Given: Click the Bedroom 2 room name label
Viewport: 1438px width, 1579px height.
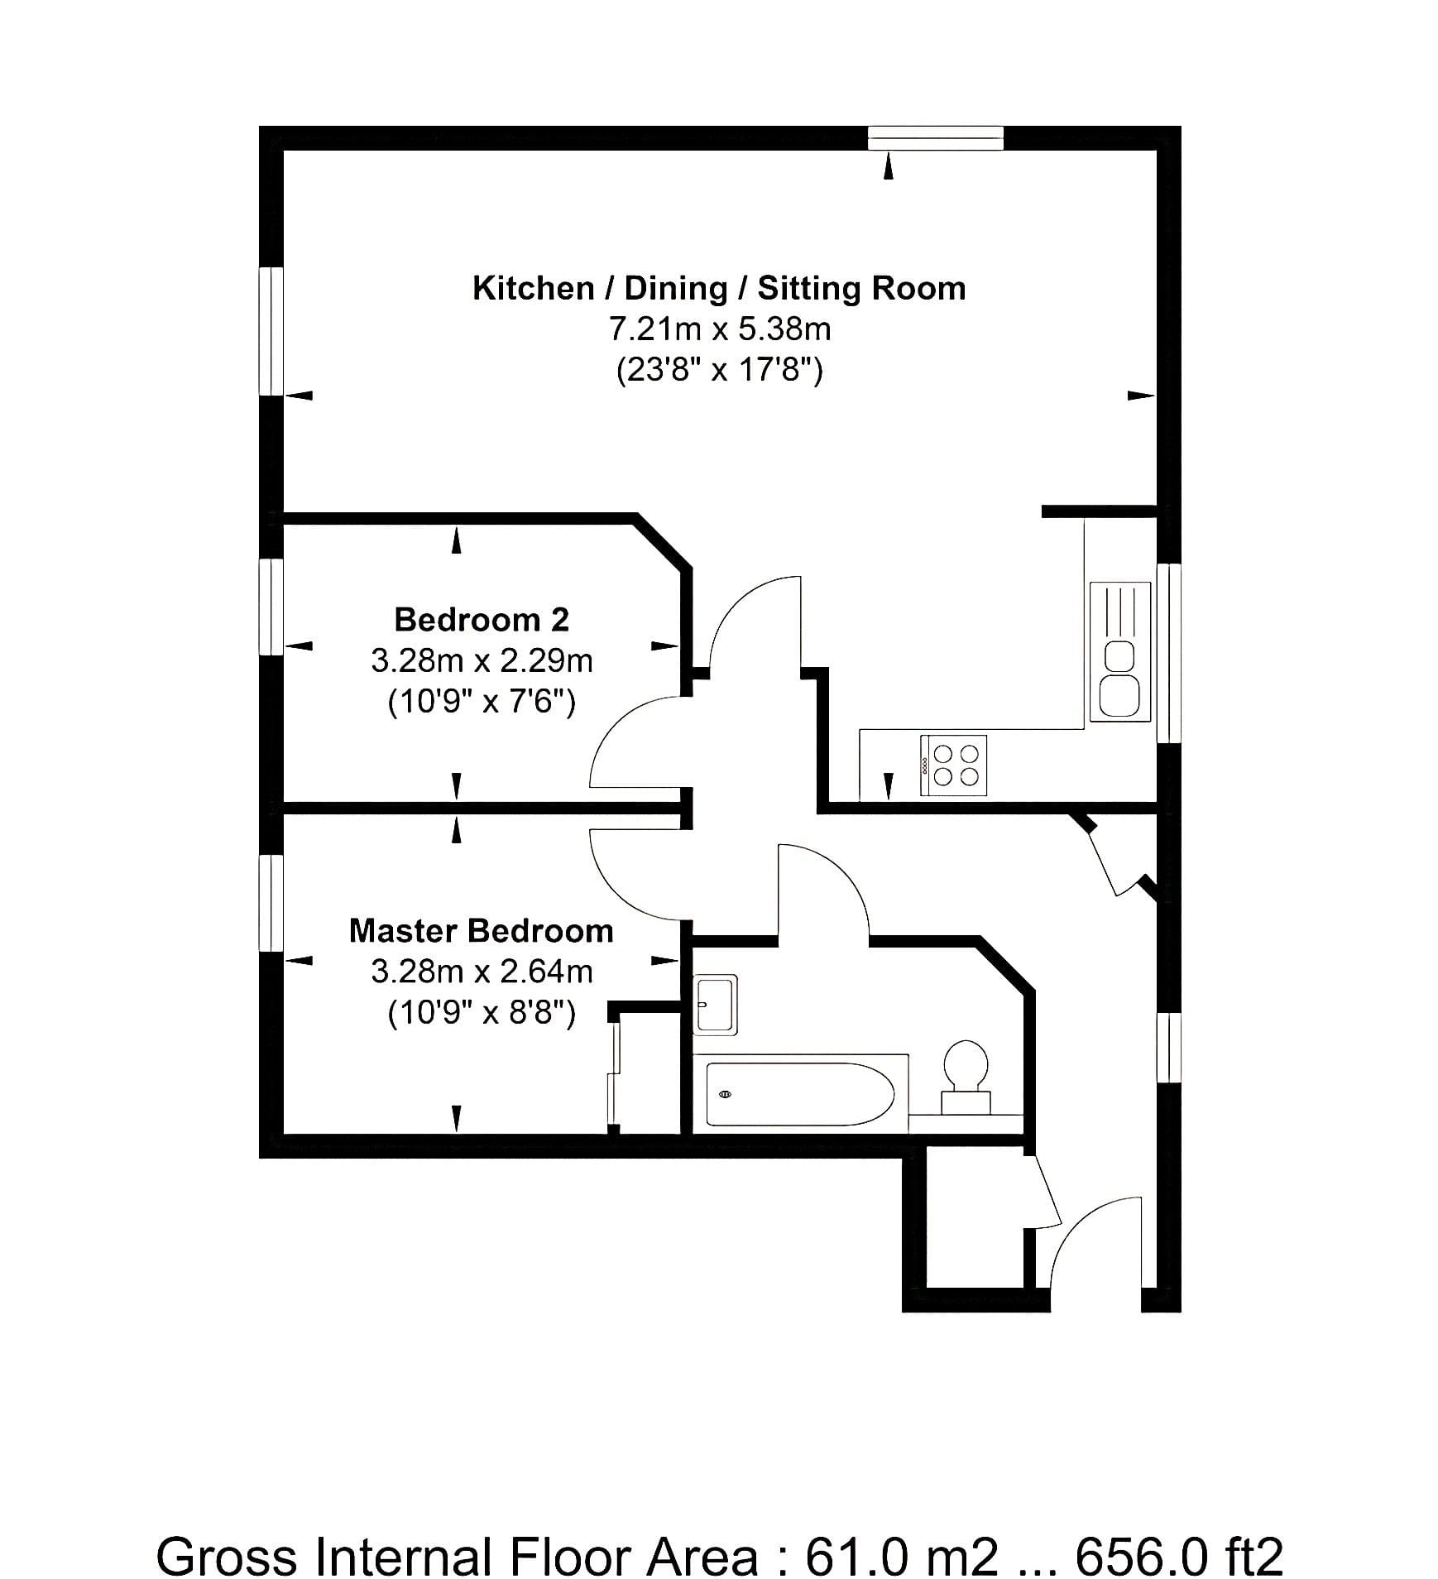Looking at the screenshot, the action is tap(482, 619).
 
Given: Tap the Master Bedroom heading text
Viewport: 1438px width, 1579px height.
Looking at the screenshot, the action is tap(482, 930).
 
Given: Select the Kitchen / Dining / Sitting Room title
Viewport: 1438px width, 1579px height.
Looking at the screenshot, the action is tap(719, 288).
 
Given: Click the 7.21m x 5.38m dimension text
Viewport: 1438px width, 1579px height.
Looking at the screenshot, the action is tap(720, 329).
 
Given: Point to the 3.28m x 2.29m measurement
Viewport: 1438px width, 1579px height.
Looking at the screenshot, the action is tap(482, 660).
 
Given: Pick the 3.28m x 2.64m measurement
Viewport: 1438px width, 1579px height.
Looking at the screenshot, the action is tap(482, 971).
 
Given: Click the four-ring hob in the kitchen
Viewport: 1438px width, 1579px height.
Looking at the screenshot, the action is tap(953, 765).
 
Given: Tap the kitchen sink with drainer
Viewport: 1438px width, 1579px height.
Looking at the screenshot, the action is tap(1120, 650).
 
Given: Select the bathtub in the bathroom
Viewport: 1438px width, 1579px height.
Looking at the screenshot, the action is tap(800, 1093).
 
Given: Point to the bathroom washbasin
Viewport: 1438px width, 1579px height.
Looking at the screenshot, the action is tap(716, 1005).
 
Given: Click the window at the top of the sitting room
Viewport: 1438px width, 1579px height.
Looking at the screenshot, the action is tap(936, 138).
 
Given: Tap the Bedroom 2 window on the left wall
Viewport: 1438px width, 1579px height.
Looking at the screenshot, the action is tap(271, 607).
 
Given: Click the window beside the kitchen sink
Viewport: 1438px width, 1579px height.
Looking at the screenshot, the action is tap(1168, 653).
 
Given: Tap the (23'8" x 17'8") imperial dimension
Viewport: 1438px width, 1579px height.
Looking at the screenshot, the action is tap(720, 369).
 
